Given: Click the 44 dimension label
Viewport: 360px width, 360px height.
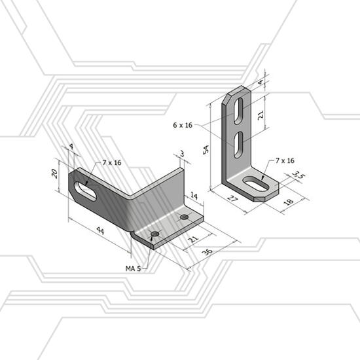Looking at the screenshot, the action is click(x=100, y=230).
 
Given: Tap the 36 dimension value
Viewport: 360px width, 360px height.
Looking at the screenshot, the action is click(x=207, y=251).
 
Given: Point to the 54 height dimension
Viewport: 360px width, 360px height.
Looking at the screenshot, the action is click(x=206, y=150).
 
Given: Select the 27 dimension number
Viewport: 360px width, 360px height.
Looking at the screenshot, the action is click(x=233, y=198).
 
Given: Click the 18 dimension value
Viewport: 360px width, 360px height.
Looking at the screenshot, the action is click(x=289, y=202).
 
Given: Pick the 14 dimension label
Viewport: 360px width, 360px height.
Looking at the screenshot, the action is click(x=194, y=196).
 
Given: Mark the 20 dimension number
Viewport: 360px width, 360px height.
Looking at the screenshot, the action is click(x=54, y=173).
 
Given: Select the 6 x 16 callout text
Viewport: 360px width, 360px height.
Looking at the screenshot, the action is click(x=183, y=125).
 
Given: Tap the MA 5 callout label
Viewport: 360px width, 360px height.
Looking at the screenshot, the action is click(x=133, y=268).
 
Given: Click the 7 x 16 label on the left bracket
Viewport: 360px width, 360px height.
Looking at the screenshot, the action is click(x=112, y=163).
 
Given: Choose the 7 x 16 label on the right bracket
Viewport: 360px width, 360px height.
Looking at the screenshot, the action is click(x=285, y=160).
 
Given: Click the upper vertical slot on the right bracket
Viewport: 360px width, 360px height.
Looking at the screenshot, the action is click(x=239, y=111).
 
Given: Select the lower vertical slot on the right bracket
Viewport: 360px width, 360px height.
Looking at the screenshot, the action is click(x=239, y=145).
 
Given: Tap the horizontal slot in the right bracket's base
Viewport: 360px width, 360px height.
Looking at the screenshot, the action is click(x=256, y=184).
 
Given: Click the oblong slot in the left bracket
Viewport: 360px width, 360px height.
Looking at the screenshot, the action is click(x=85, y=191).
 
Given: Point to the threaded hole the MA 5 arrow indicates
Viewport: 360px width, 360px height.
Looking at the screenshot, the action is click(x=155, y=234).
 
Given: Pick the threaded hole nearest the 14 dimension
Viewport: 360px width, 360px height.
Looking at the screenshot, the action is click(x=184, y=217).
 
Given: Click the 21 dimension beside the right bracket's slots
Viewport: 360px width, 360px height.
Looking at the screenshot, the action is click(x=261, y=114).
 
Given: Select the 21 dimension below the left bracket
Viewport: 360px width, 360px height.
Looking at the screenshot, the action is click(x=193, y=240).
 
